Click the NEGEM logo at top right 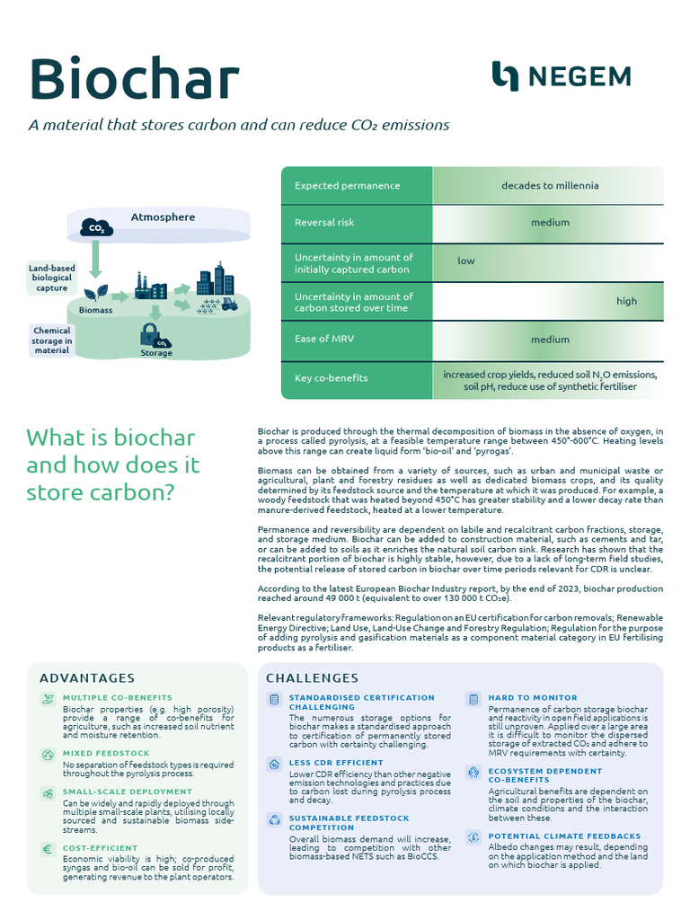[561, 76]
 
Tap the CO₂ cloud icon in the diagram [96, 228]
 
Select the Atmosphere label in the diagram [163, 217]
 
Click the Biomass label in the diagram [96, 310]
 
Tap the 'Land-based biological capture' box [51, 279]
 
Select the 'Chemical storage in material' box [52, 341]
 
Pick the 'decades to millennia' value [550, 186]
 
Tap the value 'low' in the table [466, 261]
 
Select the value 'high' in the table [626, 301]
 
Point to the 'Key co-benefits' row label [331, 378]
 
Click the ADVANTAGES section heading [87, 678]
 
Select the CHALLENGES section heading [312, 678]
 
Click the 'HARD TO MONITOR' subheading [533, 697]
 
